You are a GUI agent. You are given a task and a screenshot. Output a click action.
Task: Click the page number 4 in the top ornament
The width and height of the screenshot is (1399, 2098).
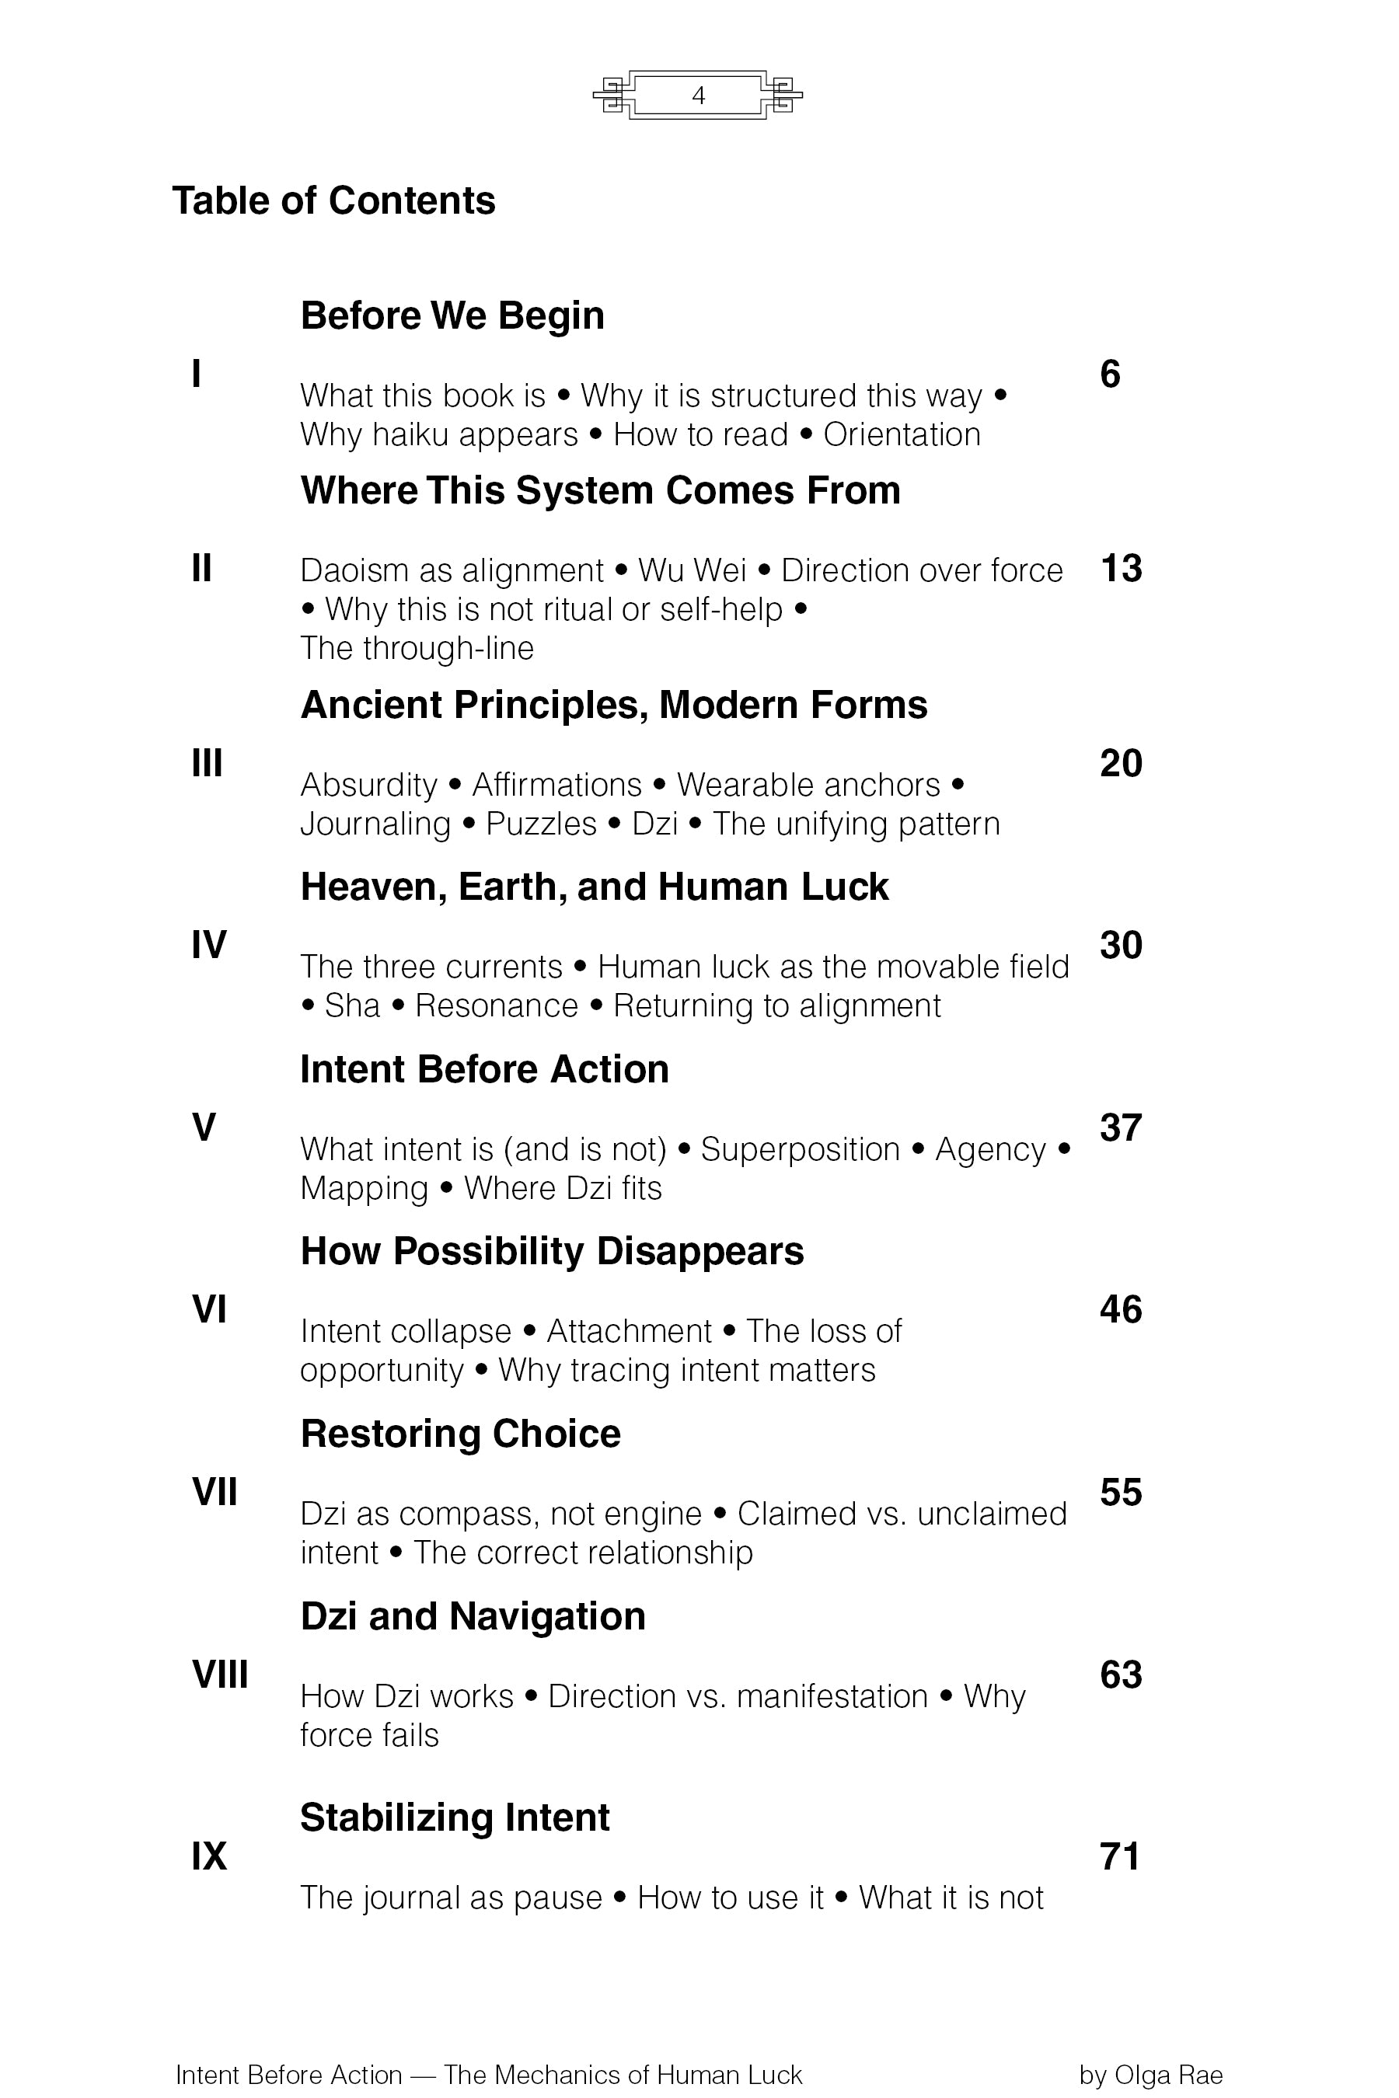click(x=699, y=96)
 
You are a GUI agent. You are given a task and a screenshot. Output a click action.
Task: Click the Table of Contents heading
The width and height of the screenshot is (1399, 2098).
click(x=333, y=200)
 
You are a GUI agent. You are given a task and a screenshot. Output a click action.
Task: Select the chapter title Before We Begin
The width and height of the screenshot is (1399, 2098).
click(x=452, y=315)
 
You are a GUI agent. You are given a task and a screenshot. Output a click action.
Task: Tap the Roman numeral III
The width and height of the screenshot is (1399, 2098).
click(x=207, y=764)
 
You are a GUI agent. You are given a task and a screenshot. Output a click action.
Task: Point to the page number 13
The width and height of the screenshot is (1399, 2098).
click(x=1121, y=569)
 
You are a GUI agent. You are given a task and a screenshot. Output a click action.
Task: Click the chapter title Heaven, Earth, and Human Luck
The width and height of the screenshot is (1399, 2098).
click(x=595, y=887)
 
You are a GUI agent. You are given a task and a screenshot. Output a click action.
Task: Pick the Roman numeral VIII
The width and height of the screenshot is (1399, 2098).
click(x=219, y=1675)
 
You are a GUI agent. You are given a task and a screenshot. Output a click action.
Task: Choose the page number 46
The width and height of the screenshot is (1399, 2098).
click(x=1121, y=1309)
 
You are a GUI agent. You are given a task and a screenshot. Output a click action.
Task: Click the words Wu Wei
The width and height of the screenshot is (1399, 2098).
click(x=693, y=571)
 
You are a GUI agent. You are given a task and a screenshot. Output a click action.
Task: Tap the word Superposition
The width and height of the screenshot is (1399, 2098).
click(x=801, y=1150)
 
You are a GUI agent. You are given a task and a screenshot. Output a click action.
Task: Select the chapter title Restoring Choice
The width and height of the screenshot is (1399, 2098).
click(x=460, y=1434)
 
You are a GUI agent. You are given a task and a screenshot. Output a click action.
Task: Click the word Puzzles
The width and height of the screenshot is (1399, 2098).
click(x=541, y=824)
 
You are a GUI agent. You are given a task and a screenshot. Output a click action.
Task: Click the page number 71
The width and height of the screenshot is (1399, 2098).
click(x=1120, y=1857)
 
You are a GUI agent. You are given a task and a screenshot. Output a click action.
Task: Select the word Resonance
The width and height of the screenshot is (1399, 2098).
click(x=497, y=1006)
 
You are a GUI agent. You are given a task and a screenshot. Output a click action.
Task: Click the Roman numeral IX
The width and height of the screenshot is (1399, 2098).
click(x=209, y=1856)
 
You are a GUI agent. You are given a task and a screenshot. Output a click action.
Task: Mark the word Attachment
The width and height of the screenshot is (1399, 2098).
click(x=629, y=1332)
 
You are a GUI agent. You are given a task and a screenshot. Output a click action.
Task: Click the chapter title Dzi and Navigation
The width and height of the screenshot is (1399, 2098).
click(x=473, y=1616)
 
